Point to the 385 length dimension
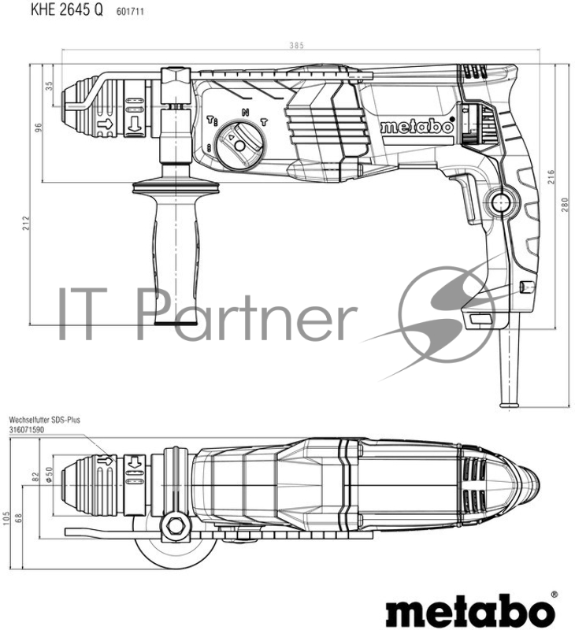pyautogui.click(x=295, y=46)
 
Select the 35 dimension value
pyautogui.click(x=48, y=84)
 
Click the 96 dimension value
pyautogui.click(x=37, y=127)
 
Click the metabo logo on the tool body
pyautogui.click(x=417, y=126)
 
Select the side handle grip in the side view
pyautogui.click(x=176, y=252)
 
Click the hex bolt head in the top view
pyautogui.click(x=175, y=523)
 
